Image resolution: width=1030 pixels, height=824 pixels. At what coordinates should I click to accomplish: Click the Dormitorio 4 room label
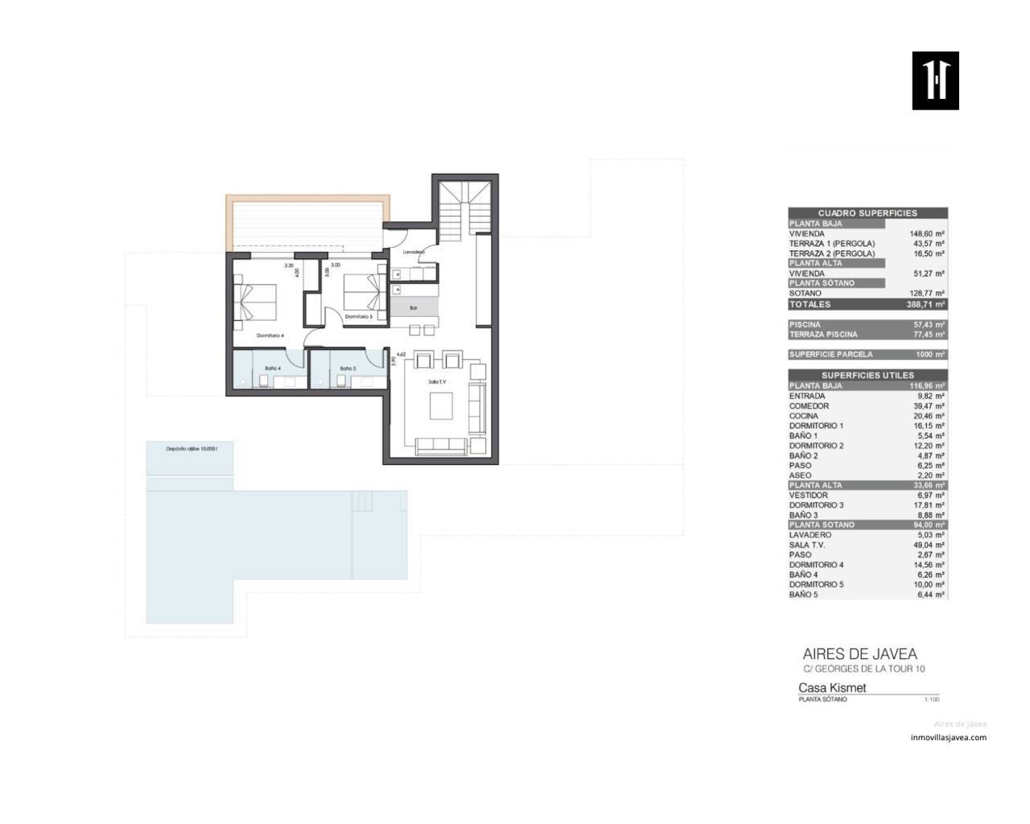[x=271, y=335]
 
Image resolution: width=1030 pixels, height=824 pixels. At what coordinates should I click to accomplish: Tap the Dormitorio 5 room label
[x=358, y=317]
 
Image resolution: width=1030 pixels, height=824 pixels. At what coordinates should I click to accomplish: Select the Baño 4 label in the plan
[x=273, y=369]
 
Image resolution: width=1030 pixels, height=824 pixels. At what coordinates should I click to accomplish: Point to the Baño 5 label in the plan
[x=348, y=369]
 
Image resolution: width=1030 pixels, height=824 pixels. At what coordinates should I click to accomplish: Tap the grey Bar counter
[x=414, y=307]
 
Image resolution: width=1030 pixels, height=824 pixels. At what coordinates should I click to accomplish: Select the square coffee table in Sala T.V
[x=442, y=406]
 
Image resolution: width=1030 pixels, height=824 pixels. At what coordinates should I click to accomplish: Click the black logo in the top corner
[x=935, y=80]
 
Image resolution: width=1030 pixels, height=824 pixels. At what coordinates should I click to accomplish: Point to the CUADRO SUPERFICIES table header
[x=867, y=213]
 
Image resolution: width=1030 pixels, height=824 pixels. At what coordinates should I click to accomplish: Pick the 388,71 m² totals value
[x=925, y=305]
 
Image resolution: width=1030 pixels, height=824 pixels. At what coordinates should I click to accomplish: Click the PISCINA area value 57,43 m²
[x=928, y=324]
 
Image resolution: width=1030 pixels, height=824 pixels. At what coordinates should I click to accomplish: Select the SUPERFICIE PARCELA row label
[x=830, y=354]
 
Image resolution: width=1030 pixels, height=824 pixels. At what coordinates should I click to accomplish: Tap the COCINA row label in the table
[x=804, y=416]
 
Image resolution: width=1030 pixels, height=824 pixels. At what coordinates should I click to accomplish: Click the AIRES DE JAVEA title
[x=859, y=654]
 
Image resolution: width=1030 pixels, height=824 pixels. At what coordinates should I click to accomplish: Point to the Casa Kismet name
[x=832, y=688]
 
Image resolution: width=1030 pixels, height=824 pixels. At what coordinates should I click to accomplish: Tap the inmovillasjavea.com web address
[x=948, y=737]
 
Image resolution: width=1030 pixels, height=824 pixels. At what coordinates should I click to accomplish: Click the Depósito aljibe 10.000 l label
[x=192, y=449]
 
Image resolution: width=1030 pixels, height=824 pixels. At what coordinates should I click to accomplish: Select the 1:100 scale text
[x=932, y=699]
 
